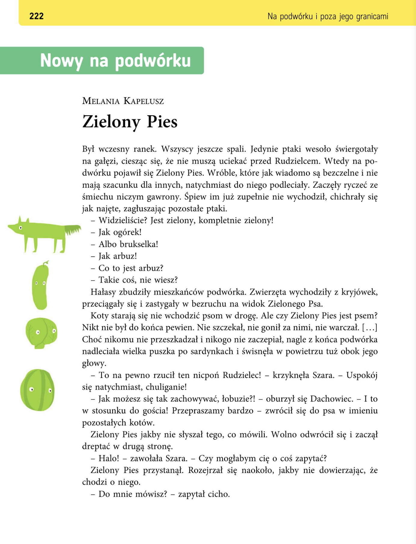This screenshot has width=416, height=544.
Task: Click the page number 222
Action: point(36,16)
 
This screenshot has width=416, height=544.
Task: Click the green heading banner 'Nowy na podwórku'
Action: point(115,60)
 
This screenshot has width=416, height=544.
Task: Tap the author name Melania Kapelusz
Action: point(123,101)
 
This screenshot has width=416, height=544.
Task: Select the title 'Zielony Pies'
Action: point(130,122)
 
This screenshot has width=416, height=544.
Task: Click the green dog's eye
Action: point(20,228)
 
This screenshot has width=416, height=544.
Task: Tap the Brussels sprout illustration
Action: point(41,333)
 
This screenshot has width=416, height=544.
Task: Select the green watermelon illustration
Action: point(38,390)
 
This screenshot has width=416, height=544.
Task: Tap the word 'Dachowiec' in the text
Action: point(332,399)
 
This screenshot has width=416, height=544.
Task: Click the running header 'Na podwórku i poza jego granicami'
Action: point(328,16)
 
